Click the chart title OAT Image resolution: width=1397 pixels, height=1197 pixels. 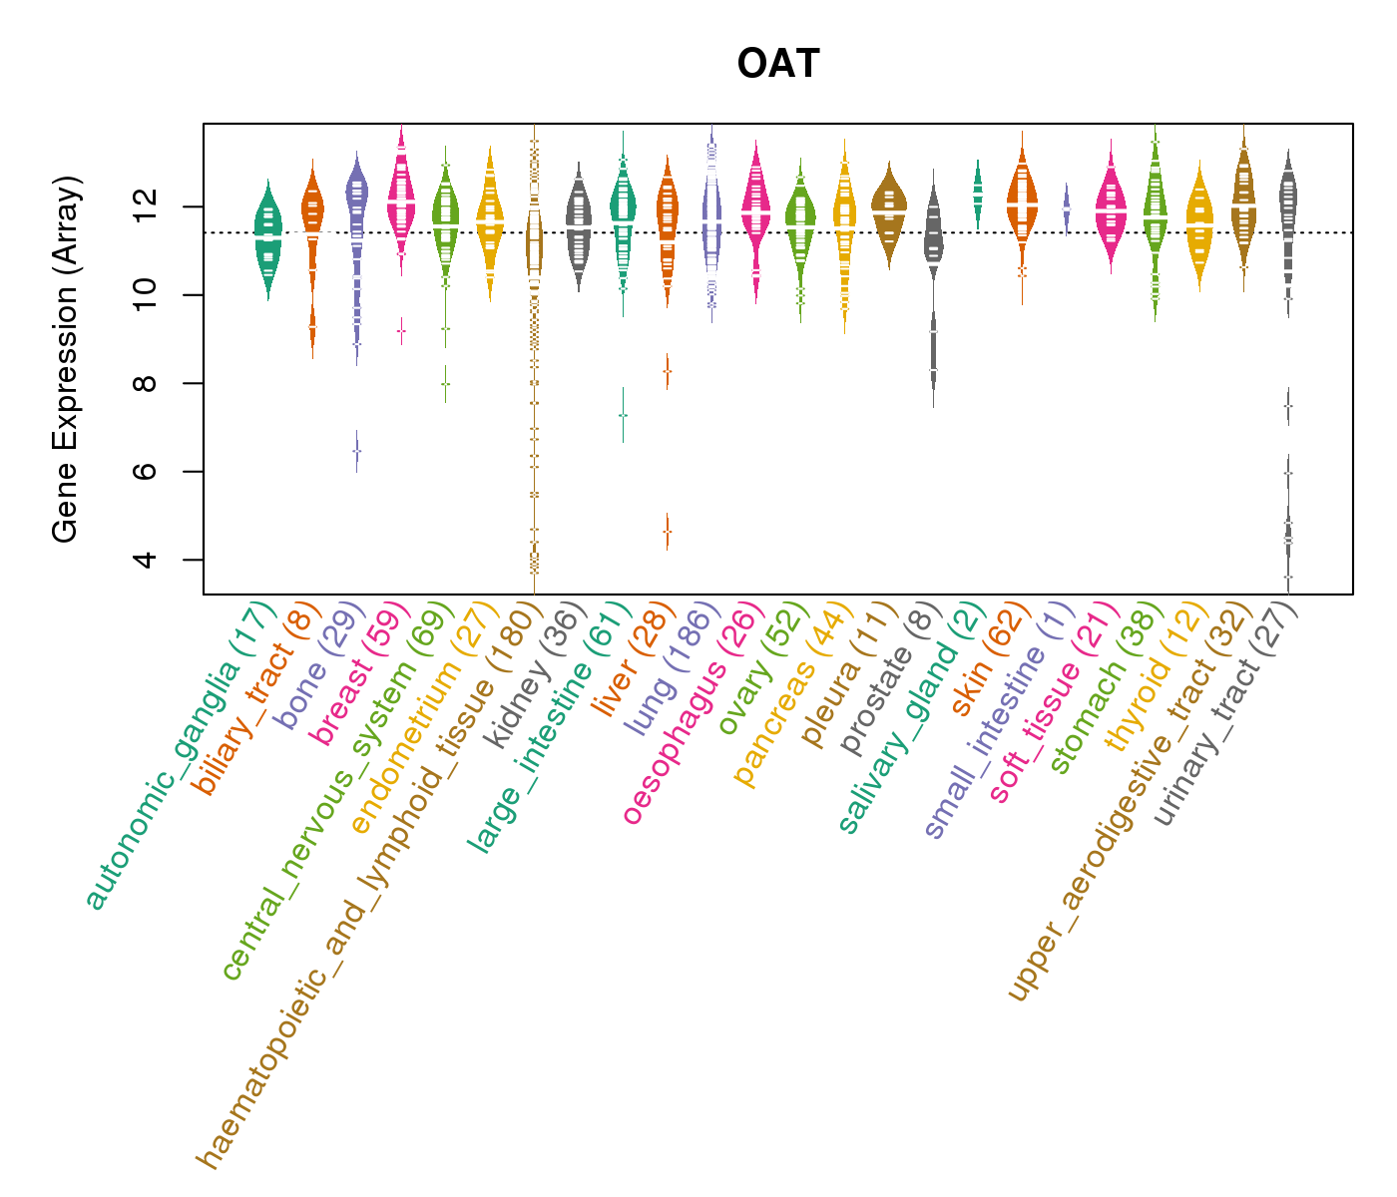point(778,65)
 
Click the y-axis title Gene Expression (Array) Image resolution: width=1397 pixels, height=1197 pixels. point(66,359)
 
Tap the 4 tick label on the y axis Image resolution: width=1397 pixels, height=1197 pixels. point(147,559)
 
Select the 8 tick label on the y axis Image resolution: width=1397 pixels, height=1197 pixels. point(147,383)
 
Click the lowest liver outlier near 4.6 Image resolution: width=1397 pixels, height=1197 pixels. point(668,532)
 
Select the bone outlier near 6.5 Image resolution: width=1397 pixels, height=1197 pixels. point(356,451)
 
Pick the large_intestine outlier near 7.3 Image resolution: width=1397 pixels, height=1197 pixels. point(623,415)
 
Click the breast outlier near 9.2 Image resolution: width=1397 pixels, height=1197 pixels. point(401,330)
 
